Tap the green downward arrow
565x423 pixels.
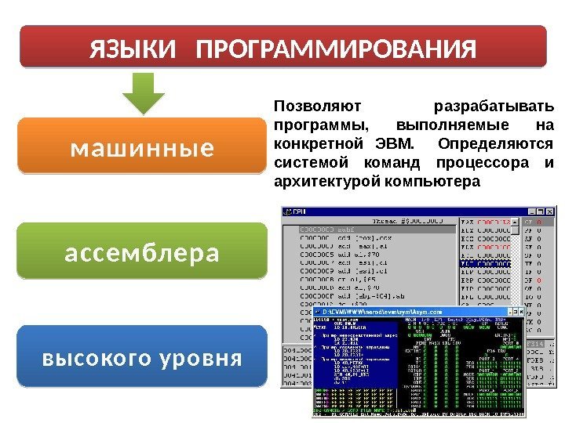click(x=144, y=93)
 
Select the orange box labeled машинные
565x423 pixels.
click(x=142, y=146)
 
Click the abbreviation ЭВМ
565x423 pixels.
click(x=397, y=144)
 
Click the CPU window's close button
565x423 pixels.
click(x=550, y=211)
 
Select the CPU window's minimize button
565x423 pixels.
click(x=533, y=211)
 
